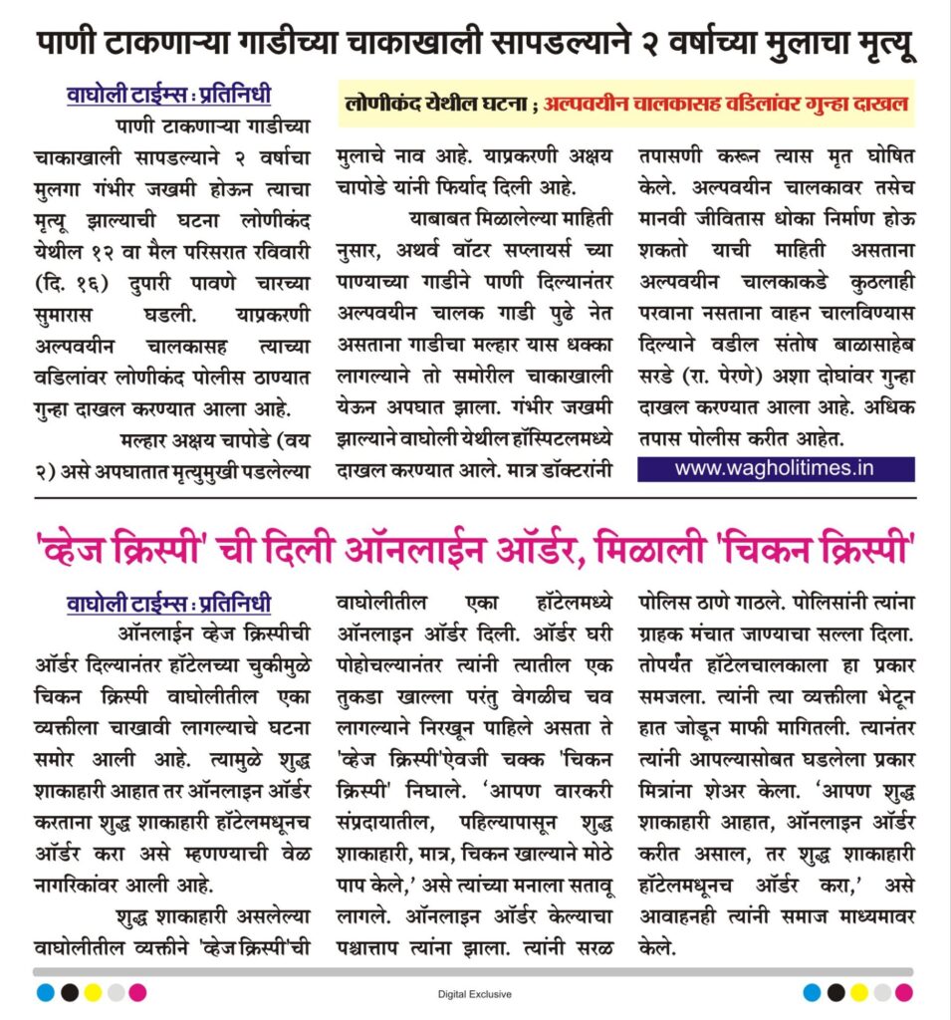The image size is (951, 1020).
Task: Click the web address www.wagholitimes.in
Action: pyautogui.click(x=775, y=468)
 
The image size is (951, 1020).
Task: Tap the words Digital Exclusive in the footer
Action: pyautogui.click(x=474, y=993)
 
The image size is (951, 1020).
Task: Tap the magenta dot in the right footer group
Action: pyautogui.click(x=903, y=992)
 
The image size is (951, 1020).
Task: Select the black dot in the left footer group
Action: pyautogui.click(x=69, y=992)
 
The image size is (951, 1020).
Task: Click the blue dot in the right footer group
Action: pyautogui.click(x=812, y=992)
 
